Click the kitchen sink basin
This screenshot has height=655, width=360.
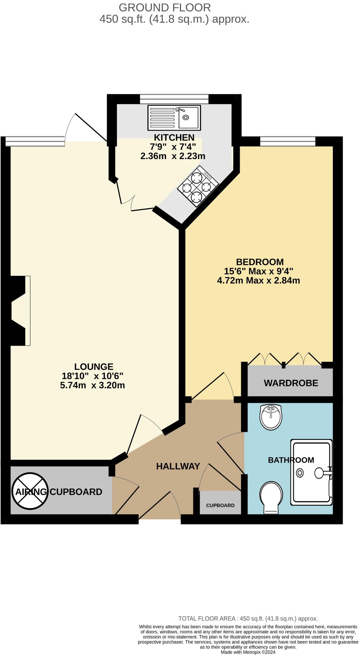(188, 117)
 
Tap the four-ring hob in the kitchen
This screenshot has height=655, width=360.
(198, 186)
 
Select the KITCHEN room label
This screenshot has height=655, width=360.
(174, 137)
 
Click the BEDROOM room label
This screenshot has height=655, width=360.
(260, 262)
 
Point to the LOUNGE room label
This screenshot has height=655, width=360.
(94, 366)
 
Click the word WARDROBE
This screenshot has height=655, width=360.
(291, 383)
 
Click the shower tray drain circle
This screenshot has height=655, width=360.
(300, 473)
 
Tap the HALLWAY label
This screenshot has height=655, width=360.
(178, 466)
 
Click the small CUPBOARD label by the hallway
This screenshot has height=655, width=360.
(220, 506)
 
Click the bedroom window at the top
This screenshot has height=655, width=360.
(288, 141)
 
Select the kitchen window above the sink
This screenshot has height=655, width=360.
(174, 99)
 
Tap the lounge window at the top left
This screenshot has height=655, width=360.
(35, 141)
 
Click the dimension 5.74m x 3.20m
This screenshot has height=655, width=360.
(93, 385)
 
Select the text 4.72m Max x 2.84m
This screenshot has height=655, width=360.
(258, 280)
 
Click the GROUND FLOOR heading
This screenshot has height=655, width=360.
(165, 7)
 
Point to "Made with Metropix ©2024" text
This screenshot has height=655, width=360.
(248, 652)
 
